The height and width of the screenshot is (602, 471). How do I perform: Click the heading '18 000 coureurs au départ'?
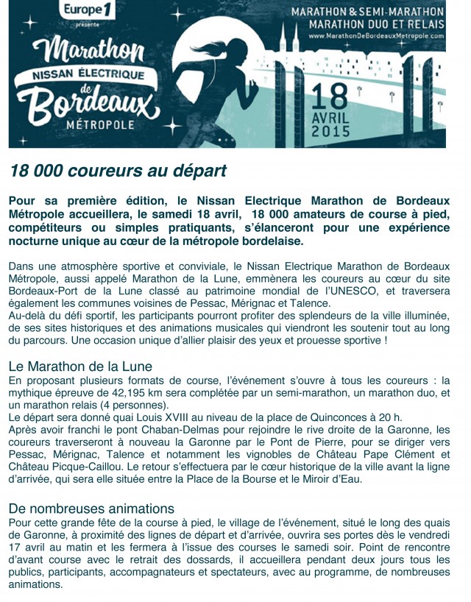click(x=118, y=171)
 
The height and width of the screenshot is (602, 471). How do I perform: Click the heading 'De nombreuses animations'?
click(x=91, y=509)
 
